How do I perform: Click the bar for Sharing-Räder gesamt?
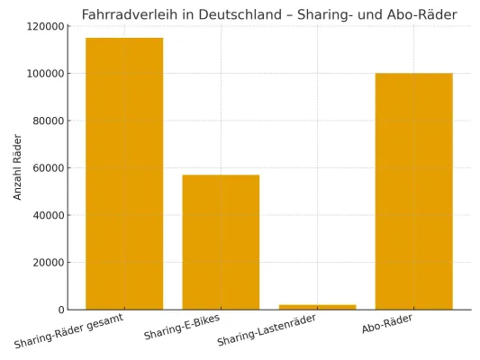pyautogui.click(x=124, y=174)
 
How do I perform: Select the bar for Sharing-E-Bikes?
pyautogui.click(x=221, y=242)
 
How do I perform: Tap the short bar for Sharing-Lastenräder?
pyautogui.click(x=317, y=307)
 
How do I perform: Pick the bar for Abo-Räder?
pyautogui.click(x=413, y=191)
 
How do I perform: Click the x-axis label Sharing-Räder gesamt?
pyautogui.click(x=69, y=330)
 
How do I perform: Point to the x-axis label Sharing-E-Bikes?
pyautogui.click(x=182, y=328)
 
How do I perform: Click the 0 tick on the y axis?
pyautogui.click(x=59, y=310)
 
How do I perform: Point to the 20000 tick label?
pyautogui.click(x=46, y=263)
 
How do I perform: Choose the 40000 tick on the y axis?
pyautogui.click(x=46, y=215)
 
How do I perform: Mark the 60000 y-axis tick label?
pyautogui.click(x=46, y=168)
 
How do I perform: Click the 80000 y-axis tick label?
pyautogui.click(x=46, y=121)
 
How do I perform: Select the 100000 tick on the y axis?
pyautogui.click(x=43, y=74)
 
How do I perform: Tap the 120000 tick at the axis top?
pyautogui.click(x=43, y=26)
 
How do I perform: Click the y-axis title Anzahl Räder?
pyautogui.click(x=17, y=166)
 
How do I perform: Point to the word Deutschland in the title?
pyautogui.click(x=230, y=14)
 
